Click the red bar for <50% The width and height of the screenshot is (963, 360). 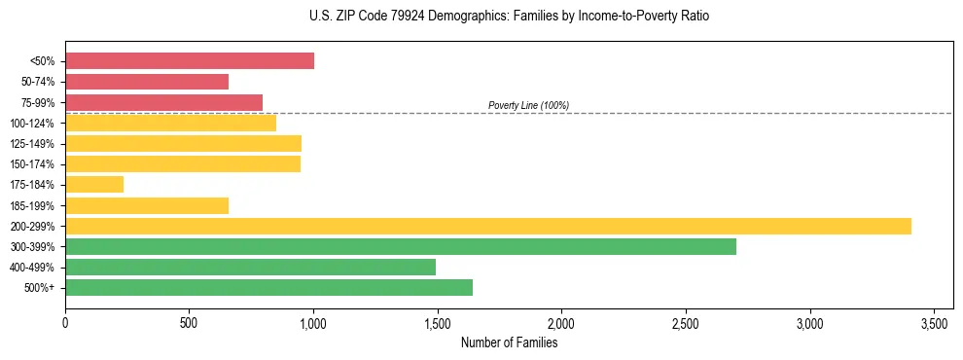point(190,61)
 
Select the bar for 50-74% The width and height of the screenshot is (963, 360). point(147,82)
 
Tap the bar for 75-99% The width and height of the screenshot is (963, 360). point(163,102)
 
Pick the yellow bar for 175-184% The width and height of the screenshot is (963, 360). point(94,184)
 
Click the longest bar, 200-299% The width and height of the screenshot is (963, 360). point(488,226)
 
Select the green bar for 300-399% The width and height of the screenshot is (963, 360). point(401,246)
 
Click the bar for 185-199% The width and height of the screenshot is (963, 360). point(147,205)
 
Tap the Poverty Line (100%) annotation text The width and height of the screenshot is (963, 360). point(528,105)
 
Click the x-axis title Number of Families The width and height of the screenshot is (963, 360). point(509,342)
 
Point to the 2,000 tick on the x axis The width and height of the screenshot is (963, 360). point(561,322)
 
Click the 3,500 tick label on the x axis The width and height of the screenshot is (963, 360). point(934,322)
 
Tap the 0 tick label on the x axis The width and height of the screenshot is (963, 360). point(65,322)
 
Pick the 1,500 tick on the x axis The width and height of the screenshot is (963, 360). point(438,322)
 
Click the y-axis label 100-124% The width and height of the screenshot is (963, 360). point(32,124)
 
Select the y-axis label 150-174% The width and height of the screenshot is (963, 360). point(32,164)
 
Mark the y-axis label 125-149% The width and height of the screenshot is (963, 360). point(32,144)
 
